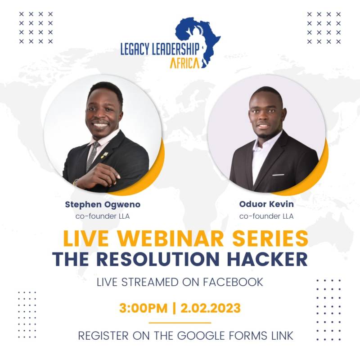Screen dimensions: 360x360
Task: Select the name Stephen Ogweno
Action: [x=103, y=204]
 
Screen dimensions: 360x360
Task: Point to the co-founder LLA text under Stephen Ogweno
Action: [x=103, y=216]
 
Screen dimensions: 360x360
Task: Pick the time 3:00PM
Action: [x=143, y=309]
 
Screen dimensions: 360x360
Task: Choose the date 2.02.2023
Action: [x=210, y=309]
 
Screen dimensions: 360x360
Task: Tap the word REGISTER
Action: [x=101, y=336]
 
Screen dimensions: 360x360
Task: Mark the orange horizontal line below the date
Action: [x=180, y=323]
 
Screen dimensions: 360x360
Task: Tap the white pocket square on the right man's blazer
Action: [x=278, y=174]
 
